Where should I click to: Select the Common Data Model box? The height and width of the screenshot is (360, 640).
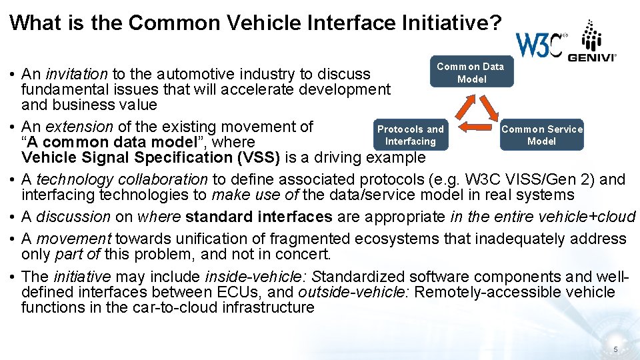(471, 72)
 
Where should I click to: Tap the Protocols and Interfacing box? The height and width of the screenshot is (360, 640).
(411, 135)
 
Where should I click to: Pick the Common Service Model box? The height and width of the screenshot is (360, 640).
(541, 135)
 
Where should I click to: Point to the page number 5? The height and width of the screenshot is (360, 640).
(615, 350)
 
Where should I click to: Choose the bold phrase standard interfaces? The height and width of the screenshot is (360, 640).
(259, 217)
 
